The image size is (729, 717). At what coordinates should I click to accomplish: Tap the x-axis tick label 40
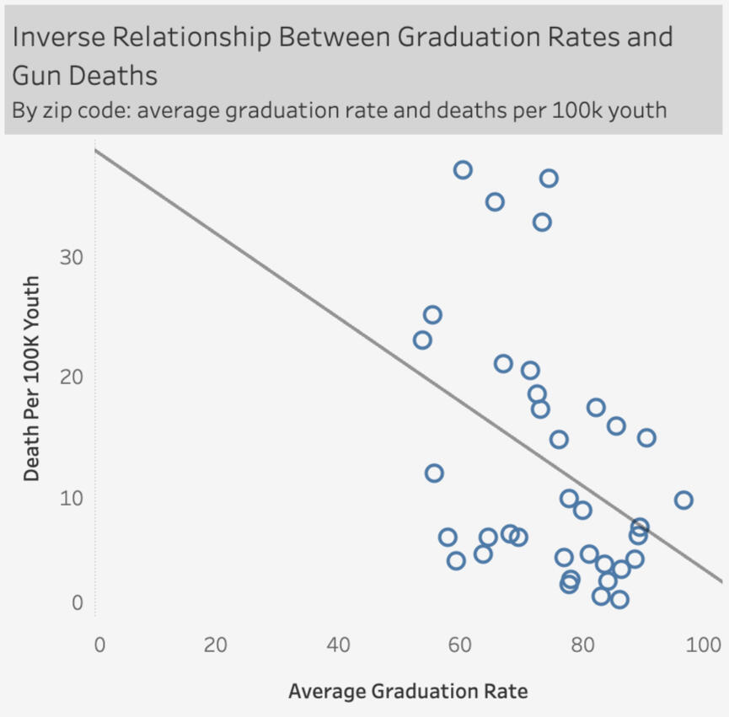point(339,646)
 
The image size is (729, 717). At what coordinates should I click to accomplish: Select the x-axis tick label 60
point(459,646)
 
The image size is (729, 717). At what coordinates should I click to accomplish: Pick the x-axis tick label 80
point(581,646)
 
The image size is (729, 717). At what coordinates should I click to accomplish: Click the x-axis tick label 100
point(697,646)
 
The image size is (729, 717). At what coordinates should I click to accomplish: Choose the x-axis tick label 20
point(217,646)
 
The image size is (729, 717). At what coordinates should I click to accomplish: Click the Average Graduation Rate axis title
point(409,692)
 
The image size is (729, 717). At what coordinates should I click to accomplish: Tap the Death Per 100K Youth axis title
point(31,377)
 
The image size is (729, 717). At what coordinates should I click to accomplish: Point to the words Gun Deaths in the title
point(84,75)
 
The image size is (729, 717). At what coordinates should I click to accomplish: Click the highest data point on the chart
point(463,170)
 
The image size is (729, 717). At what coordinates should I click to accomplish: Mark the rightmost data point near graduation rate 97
point(683,500)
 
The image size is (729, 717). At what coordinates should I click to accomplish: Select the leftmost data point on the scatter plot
point(422,340)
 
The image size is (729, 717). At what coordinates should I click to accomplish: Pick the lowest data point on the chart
point(619,600)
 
